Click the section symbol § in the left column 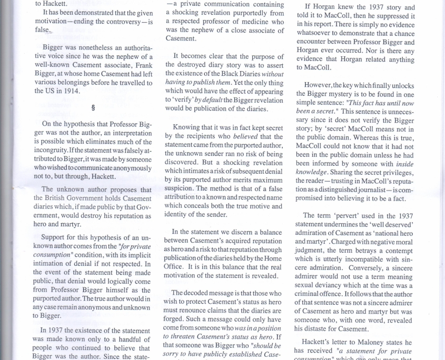(93, 108)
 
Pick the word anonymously (127, 168)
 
